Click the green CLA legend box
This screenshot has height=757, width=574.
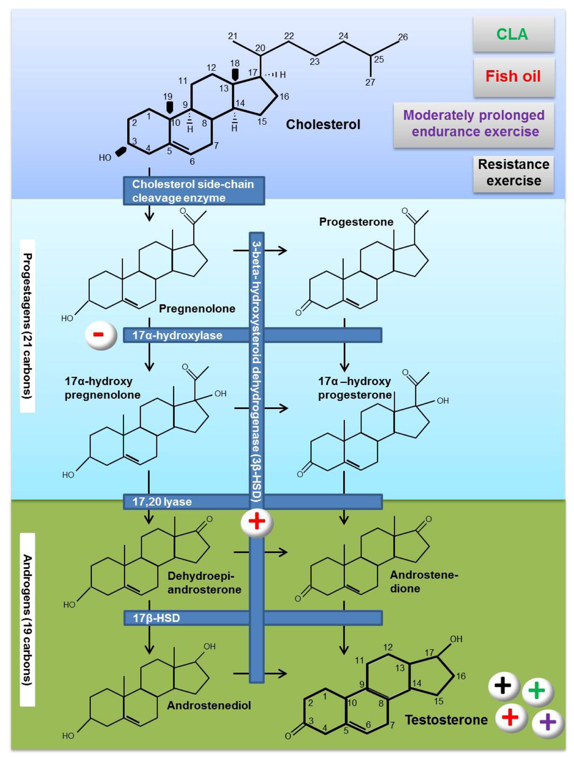[x=513, y=34]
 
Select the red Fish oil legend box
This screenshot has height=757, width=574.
[x=513, y=76]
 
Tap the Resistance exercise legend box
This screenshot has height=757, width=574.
[x=513, y=173]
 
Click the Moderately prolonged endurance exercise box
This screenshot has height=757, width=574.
[x=474, y=124]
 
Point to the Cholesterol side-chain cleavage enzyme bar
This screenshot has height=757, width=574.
[x=193, y=191]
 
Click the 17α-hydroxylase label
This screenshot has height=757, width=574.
[x=177, y=336]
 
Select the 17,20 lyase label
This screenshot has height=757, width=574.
[x=162, y=502]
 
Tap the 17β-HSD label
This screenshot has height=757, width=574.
[x=156, y=618]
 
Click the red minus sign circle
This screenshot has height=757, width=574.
[x=100, y=335]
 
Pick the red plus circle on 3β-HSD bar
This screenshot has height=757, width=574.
[x=257, y=522]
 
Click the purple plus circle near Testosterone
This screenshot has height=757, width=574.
[x=547, y=723]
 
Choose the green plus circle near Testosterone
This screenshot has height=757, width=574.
[x=537, y=690]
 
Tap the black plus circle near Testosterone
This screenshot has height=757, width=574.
[x=503, y=685]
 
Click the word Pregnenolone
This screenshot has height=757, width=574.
[x=197, y=309]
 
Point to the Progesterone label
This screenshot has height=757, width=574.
[x=356, y=222]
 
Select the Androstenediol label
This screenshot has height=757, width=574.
[x=209, y=705]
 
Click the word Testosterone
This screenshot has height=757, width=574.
[x=446, y=720]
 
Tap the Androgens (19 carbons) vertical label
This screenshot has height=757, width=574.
[x=27, y=619]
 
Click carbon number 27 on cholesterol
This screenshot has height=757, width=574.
[x=370, y=82]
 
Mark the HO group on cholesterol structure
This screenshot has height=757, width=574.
[x=105, y=158]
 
